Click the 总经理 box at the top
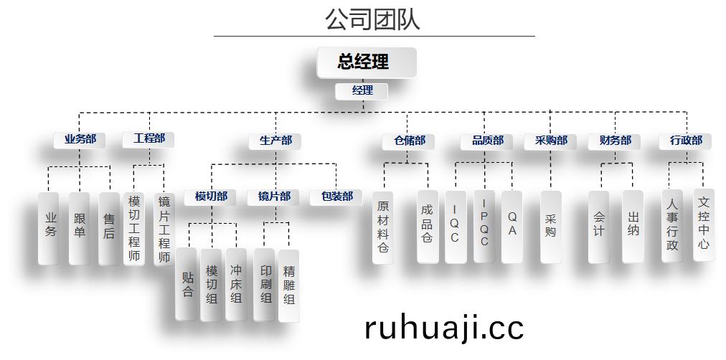(367, 62)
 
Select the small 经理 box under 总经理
(361, 90)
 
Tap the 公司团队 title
(372, 19)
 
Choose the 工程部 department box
(148, 139)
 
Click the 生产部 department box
(275, 141)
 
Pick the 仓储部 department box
(408, 141)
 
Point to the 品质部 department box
(486, 141)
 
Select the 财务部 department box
(614, 141)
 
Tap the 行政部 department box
(686, 141)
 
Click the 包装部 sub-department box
(336, 197)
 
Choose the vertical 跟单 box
(79, 228)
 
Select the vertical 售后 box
(109, 228)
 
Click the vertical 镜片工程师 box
(164, 229)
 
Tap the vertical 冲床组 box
(236, 284)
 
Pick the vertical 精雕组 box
(289, 285)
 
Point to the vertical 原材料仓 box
(383, 227)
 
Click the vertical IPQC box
(484, 227)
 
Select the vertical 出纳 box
(633, 227)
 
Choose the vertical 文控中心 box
(704, 225)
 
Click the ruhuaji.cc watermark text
(444, 328)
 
